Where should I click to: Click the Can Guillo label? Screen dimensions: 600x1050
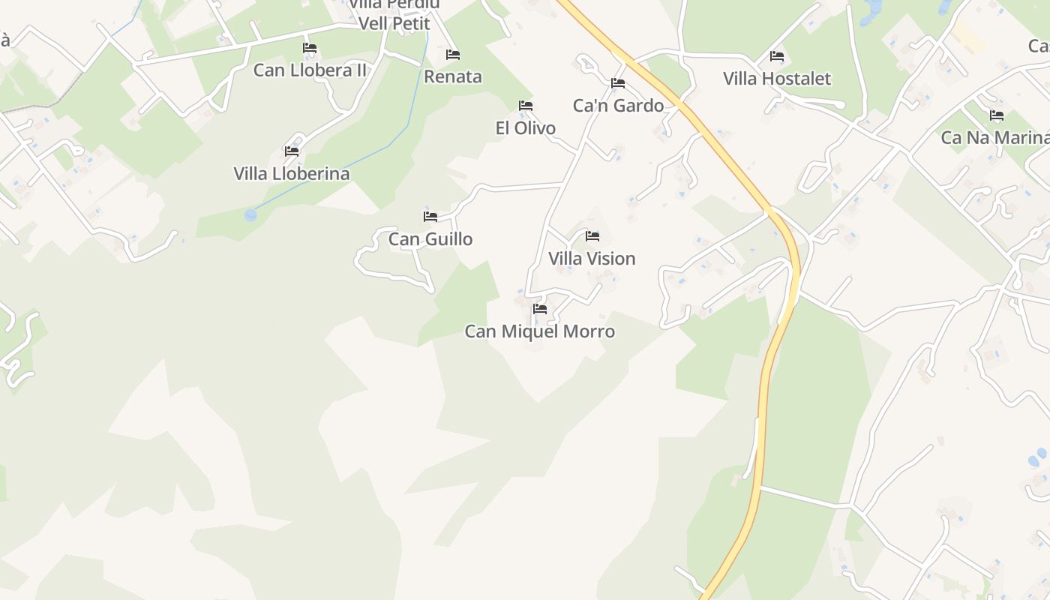tap(430, 239)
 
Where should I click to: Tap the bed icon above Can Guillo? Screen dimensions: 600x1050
tap(430, 217)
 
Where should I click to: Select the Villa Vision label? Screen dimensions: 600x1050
tap(592, 259)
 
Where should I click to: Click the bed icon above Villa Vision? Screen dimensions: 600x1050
tap(592, 236)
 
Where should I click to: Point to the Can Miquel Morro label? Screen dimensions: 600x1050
tap(540, 331)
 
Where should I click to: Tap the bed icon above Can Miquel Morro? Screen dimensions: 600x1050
tap(540, 308)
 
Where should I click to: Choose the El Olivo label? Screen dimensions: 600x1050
tap(526, 128)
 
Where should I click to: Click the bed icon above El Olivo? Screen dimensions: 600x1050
tap(526, 106)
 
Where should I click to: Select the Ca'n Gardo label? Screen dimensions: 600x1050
tap(618, 106)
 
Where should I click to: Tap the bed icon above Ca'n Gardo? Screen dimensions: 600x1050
tap(618, 82)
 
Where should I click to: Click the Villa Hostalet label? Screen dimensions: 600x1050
tap(777, 79)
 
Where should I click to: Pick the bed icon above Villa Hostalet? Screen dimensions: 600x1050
tap(777, 56)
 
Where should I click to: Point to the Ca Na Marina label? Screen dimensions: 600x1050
tap(994, 138)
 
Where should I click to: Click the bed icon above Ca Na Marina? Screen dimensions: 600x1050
tap(997, 115)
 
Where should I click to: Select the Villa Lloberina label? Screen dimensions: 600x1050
tap(292, 174)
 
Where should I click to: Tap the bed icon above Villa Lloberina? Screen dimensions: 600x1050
tap(292, 151)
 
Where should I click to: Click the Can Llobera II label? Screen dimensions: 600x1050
tap(310, 70)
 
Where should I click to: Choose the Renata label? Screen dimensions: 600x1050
tap(453, 76)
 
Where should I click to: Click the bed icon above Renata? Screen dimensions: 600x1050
tap(453, 54)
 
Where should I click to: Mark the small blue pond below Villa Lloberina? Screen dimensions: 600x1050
tap(250, 215)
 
